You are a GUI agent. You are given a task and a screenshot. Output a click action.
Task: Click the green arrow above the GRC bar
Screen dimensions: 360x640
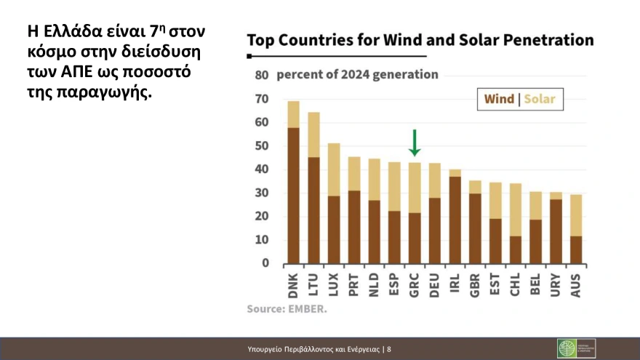[414, 143]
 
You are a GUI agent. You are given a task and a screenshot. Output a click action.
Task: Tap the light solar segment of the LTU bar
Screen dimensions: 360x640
[313, 135]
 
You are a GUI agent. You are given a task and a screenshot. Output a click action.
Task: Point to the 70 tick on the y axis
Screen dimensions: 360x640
[262, 99]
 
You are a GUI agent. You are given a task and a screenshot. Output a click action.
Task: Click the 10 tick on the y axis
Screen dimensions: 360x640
[262, 240]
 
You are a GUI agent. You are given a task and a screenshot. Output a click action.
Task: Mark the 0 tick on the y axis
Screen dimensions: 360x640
[265, 263]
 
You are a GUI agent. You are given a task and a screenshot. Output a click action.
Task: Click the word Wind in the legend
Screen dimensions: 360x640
[499, 99]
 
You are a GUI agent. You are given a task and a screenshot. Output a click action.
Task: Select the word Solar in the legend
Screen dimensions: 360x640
[539, 99]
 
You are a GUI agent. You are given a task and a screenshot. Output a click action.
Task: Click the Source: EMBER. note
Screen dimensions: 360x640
[287, 309]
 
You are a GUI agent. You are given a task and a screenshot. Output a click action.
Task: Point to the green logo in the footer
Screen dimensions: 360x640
[567, 348]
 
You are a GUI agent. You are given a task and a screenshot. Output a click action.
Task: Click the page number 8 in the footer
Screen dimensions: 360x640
[389, 349]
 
